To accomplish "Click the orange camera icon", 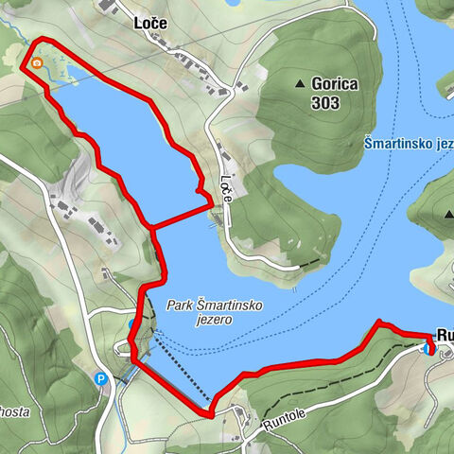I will coord(37,63).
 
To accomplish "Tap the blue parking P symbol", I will coord(101,380).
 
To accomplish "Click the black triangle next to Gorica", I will coord(301,83).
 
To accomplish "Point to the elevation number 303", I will coord(326,102).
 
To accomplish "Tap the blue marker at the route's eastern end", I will coord(429,349).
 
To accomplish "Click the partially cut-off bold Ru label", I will coord(444,334).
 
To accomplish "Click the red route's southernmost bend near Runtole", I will coord(209,413).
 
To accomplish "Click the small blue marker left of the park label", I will coord(132,324).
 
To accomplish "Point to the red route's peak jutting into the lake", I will coord(379,323).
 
